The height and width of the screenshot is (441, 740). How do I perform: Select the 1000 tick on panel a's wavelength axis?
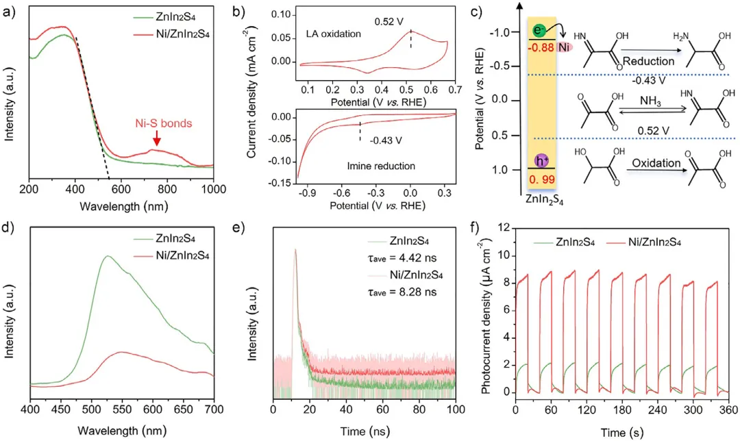(213, 187)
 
